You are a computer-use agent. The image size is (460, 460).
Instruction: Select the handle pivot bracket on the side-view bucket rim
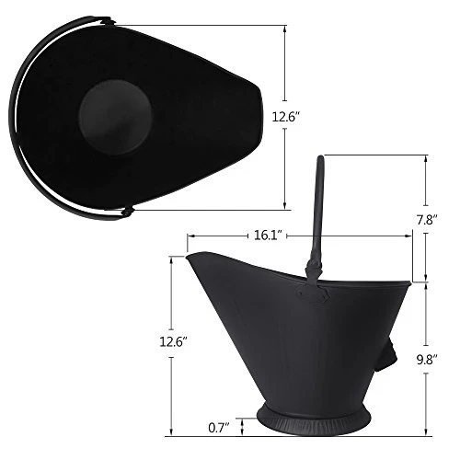click(314, 270)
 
